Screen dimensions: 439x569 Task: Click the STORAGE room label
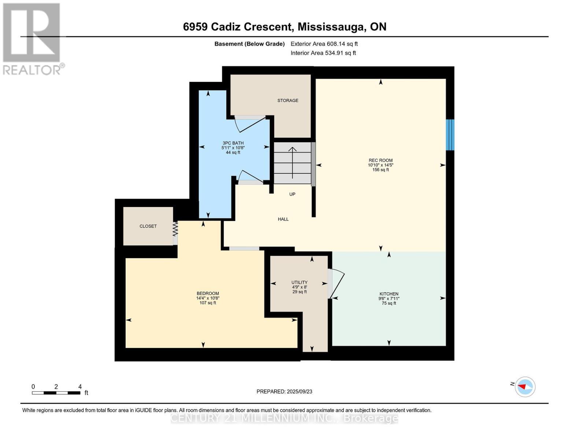coord(288,101)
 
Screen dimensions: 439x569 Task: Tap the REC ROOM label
coord(380,161)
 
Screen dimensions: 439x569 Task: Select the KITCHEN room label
coord(389,294)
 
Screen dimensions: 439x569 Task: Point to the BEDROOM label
coord(208,294)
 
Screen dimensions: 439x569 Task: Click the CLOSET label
coord(148,226)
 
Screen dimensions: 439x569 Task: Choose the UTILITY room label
coord(299,282)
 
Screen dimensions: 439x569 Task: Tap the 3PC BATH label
coord(233,143)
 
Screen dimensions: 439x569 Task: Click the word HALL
coord(283,219)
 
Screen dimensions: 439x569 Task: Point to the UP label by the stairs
coord(292,194)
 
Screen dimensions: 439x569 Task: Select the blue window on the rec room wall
coord(450,135)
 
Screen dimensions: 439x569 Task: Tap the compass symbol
coord(525,387)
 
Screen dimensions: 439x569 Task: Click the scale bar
coord(56,393)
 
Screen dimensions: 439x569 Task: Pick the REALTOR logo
coord(32,39)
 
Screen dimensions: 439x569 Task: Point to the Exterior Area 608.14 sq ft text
coord(324,44)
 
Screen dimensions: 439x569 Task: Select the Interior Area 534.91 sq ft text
coord(323,53)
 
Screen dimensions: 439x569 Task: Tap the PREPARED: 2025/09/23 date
coord(284,391)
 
